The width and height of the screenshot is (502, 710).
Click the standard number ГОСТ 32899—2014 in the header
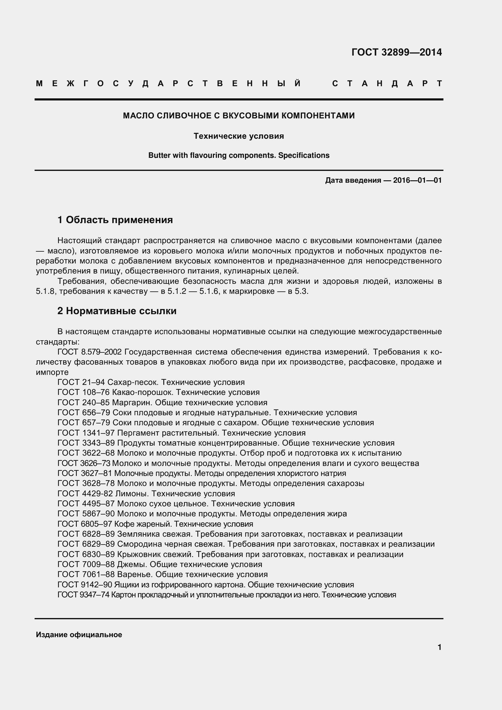point(397,52)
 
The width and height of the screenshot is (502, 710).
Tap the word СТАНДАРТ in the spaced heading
point(387,83)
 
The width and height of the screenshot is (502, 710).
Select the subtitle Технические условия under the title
point(239,136)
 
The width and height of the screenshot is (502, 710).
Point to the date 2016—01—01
point(417,180)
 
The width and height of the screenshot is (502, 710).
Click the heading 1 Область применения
point(115,220)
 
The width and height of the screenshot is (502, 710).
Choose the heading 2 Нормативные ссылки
point(117,311)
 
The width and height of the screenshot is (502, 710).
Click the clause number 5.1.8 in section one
point(45,291)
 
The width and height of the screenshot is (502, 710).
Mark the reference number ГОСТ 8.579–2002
point(90,352)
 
